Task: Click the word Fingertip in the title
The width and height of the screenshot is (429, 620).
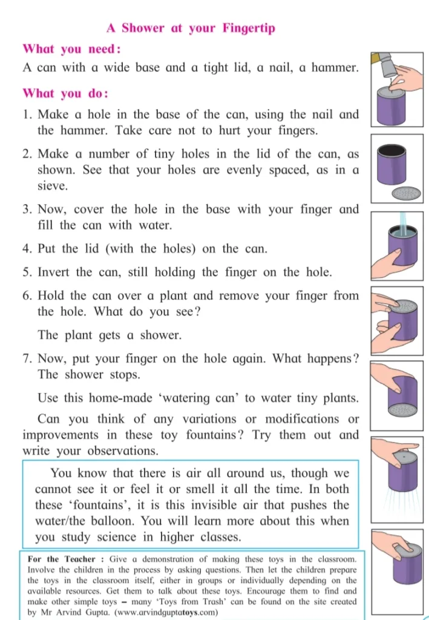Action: (x=249, y=28)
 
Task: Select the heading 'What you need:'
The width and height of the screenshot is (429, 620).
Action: (x=71, y=50)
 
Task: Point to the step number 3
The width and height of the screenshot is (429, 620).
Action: (x=27, y=209)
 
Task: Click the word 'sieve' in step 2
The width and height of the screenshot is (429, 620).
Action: (x=53, y=186)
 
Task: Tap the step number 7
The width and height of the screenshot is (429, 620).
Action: (x=27, y=358)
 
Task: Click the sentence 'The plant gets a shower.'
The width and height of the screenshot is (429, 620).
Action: (x=110, y=335)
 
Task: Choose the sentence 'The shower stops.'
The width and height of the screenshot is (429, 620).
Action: (x=90, y=374)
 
